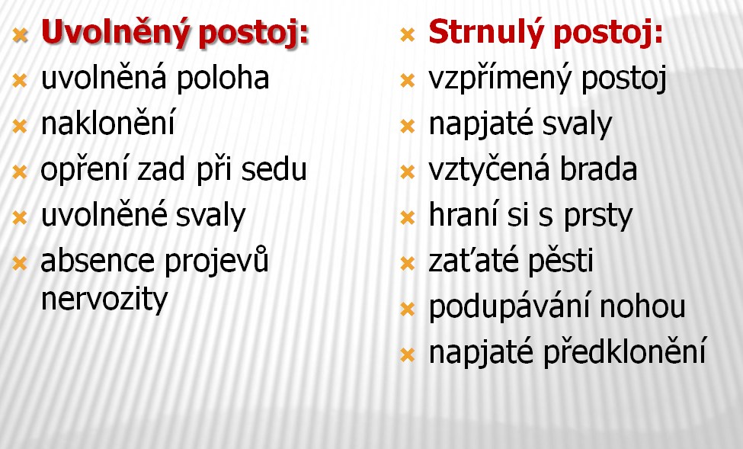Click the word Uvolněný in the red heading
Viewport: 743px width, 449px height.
point(115,32)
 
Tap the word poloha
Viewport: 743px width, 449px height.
point(223,79)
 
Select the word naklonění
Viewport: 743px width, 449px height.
point(108,122)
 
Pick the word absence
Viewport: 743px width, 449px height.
point(98,261)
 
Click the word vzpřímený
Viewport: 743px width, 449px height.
point(500,79)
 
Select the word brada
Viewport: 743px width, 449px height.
point(598,169)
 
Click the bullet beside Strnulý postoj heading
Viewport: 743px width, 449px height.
point(408,34)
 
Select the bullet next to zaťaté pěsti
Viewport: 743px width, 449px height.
point(408,263)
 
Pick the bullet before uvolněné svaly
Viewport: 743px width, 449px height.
point(20,217)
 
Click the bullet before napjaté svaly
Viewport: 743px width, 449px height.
point(408,126)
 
